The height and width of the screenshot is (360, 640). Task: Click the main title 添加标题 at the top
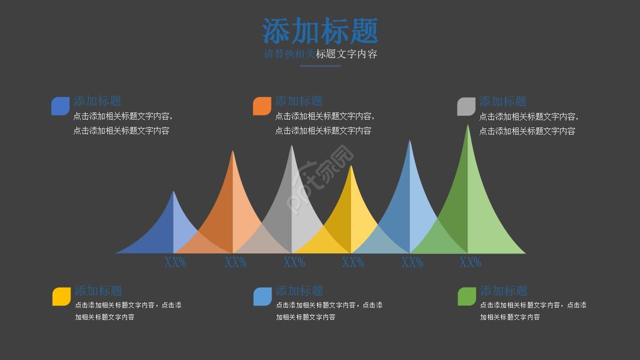tap(320, 31)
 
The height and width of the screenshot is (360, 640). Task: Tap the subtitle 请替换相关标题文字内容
tap(320, 54)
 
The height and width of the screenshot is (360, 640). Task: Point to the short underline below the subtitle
tap(320, 65)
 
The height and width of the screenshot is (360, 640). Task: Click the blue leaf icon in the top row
tap(60, 106)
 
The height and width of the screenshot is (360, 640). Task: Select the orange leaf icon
tap(262, 106)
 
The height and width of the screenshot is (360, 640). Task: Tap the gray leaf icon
tap(466, 106)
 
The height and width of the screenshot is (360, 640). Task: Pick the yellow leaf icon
tap(61, 296)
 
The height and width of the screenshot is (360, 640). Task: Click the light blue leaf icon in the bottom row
tap(262, 296)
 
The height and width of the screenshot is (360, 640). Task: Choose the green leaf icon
tap(466, 296)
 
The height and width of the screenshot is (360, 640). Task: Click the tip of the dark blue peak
tap(173, 192)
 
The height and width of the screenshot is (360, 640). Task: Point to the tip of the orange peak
tap(232, 152)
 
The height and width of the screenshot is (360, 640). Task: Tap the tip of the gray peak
tap(291, 146)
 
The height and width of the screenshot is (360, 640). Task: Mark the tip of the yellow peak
tap(351, 166)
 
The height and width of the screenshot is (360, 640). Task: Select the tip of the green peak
tap(468, 126)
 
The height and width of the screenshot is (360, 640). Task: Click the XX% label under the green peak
tap(470, 262)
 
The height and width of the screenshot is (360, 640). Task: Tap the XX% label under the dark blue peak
tap(175, 262)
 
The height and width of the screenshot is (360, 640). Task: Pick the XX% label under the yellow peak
tap(352, 262)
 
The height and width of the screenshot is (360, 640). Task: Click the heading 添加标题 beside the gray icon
tap(502, 101)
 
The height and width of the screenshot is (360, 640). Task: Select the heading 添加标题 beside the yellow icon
tap(98, 290)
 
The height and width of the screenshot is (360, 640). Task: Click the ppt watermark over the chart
tap(320, 180)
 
